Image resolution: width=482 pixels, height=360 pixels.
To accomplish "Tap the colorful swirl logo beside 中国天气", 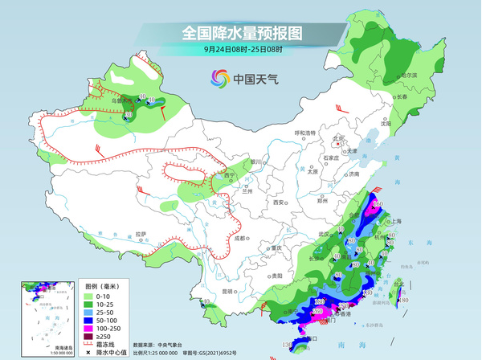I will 219,78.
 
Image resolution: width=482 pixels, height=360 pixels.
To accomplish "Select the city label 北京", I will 338,138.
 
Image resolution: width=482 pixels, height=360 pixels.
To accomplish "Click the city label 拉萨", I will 141,234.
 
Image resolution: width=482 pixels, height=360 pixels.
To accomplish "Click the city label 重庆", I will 279,248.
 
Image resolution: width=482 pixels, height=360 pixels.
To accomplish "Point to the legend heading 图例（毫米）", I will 103,285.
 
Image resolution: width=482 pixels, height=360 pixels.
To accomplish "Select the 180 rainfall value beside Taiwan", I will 404,301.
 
